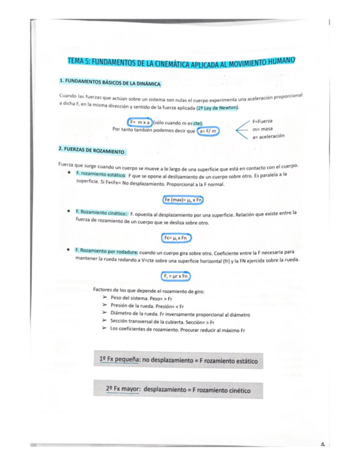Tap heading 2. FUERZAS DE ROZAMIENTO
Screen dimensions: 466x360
pyautogui.click(x=92, y=149)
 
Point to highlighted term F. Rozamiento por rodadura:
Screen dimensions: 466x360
pyautogui.click(x=106, y=251)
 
